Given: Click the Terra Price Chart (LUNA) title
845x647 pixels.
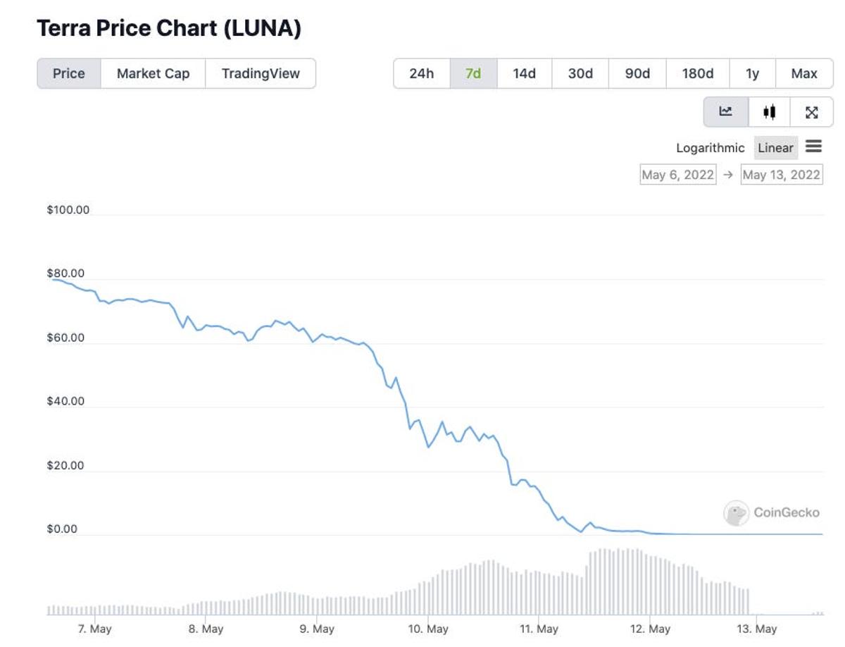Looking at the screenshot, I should pos(169,29).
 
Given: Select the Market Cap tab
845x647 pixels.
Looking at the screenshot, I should pos(153,73).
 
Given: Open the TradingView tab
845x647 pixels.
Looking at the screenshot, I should pos(261,73).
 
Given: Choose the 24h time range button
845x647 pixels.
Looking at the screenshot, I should pos(421,73).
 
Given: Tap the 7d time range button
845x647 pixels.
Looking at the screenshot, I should pos(473,73).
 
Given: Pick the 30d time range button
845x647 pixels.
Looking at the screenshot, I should pos(580,73).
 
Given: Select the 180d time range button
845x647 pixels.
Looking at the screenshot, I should pos(697,73).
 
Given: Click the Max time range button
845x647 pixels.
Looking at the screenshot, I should pos(804,73).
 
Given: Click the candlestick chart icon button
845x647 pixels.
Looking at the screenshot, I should pos(769,112).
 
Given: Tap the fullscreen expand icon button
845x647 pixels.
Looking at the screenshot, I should pos(811,112).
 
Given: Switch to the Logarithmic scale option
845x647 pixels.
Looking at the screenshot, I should pos(710,148).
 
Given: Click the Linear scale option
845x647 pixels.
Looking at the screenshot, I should pos(775,148).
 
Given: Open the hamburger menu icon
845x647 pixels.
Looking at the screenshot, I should pos(814,147).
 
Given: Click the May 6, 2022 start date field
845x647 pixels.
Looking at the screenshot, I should pos(677,175).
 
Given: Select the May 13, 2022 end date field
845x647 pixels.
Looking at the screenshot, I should pos(781,175).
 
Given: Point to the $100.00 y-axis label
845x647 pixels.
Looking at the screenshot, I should pos(68,210).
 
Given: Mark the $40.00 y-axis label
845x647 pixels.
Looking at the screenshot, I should pos(65,402).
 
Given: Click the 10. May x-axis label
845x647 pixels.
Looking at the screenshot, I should pos(428,629).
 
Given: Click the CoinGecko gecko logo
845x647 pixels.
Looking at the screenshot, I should pos(736,513).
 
